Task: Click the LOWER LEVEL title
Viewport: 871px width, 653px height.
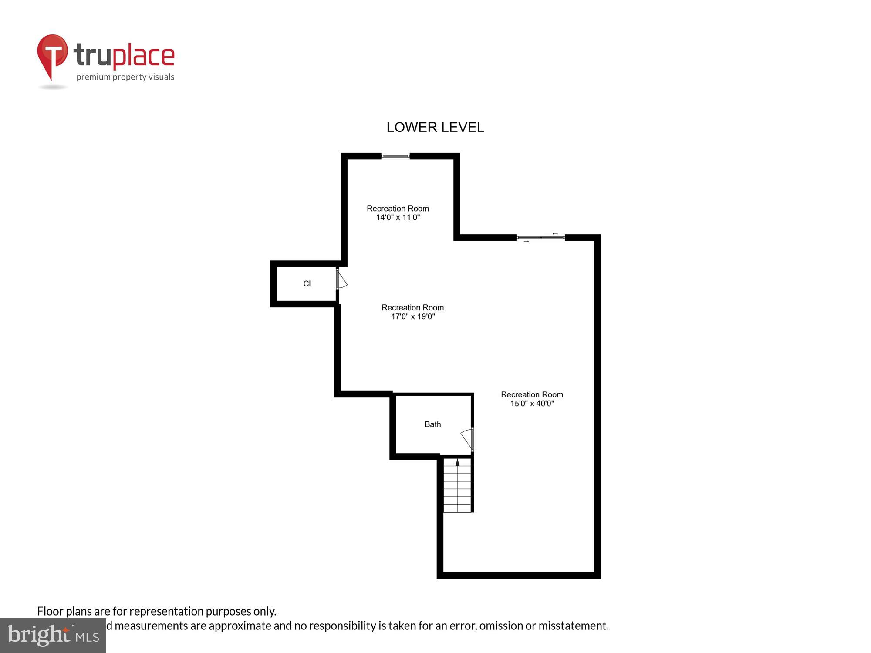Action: click(x=435, y=127)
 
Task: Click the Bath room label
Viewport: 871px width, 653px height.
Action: click(x=432, y=424)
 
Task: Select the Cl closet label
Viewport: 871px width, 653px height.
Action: click(x=307, y=284)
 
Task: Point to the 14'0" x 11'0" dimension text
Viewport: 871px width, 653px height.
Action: click(x=398, y=217)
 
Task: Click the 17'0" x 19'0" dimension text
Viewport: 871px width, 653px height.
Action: click(x=413, y=316)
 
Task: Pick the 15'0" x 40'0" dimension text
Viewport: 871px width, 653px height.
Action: click(x=532, y=404)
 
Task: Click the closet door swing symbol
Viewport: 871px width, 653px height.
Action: click(x=341, y=280)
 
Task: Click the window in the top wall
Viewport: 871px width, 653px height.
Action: click(x=395, y=156)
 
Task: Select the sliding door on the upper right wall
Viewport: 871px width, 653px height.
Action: click(x=540, y=237)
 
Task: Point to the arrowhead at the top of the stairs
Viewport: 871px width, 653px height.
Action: click(x=457, y=462)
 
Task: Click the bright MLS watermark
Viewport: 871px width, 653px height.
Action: click(x=53, y=636)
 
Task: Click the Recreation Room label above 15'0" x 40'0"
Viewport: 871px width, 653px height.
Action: click(x=532, y=394)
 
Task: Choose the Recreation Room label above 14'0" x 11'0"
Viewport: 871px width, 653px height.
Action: click(x=398, y=209)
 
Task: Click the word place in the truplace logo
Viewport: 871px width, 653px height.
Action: click(x=144, y=57)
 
